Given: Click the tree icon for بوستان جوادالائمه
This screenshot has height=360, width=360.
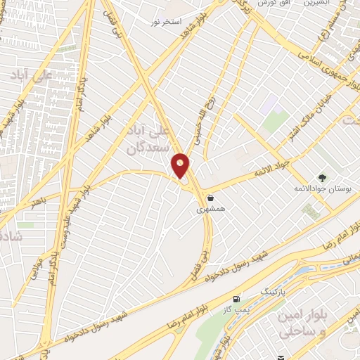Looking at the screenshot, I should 323,178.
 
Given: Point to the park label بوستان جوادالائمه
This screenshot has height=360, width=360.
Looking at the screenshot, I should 322,191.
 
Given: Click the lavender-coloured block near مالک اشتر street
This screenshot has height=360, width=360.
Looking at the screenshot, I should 276,120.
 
